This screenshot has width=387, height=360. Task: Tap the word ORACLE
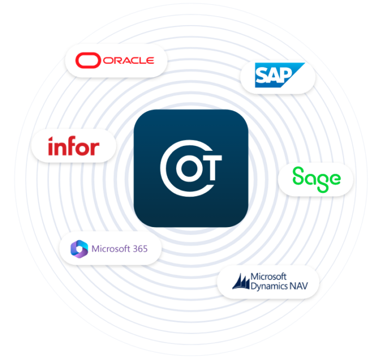(x=129, y=60)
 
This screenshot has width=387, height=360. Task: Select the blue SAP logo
(x=280, y=75)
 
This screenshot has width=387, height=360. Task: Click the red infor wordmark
(x=74, y=146)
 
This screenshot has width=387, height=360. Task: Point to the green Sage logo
(x=316, y=180)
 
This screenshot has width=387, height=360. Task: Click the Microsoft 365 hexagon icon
(x=79, y=249)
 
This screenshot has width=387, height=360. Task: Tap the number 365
(x=140, y=249)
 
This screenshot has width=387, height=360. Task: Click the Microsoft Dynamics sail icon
(x=241, y=282)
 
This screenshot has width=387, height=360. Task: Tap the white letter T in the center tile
(x=211, y=168)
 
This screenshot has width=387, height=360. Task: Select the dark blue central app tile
(x=191, y=168)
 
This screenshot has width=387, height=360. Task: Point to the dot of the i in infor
(x=51, y=139)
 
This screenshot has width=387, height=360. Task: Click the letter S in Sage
(x=298, y=175)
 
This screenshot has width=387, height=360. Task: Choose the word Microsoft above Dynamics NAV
(x=269, y=277)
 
